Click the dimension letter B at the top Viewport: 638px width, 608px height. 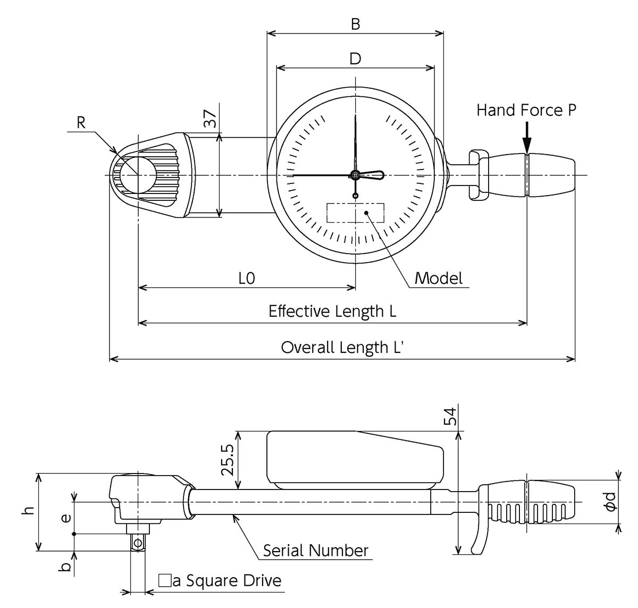355,24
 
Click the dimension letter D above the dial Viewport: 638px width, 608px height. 355,58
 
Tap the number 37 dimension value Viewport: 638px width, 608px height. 211,119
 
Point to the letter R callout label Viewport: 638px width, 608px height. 81,123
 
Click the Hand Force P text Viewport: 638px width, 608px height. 526,110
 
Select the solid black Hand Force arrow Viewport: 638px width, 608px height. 527,138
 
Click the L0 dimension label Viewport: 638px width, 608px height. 247,278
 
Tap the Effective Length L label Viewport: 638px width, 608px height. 332,311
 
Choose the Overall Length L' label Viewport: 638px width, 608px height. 342,347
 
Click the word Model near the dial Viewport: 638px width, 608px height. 439,278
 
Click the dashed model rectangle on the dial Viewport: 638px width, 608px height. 355,213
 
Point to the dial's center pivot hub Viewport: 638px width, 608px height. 355,175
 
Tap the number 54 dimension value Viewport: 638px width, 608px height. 450,417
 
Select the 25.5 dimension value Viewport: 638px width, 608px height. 228,460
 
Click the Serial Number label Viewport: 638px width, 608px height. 315,551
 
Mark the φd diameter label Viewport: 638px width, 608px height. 610,502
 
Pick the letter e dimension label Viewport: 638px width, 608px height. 66,518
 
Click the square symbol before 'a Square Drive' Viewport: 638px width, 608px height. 164,580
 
